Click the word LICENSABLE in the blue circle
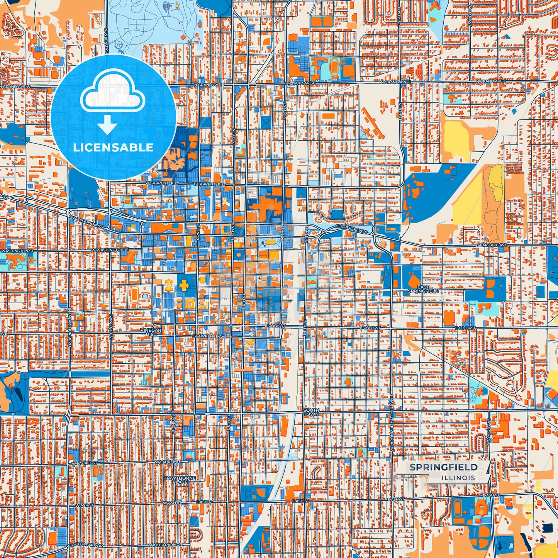[x=113, y=148]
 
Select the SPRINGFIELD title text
[x=443, y=467]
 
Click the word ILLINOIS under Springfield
[x=459, y=478]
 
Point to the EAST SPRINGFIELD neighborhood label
[x=423, y=289]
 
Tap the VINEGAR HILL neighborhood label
[x=151, y=332]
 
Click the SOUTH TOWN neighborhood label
[x=311, y=412]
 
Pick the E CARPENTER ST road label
[x=210, y=185]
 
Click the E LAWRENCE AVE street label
[x=210, y=337]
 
